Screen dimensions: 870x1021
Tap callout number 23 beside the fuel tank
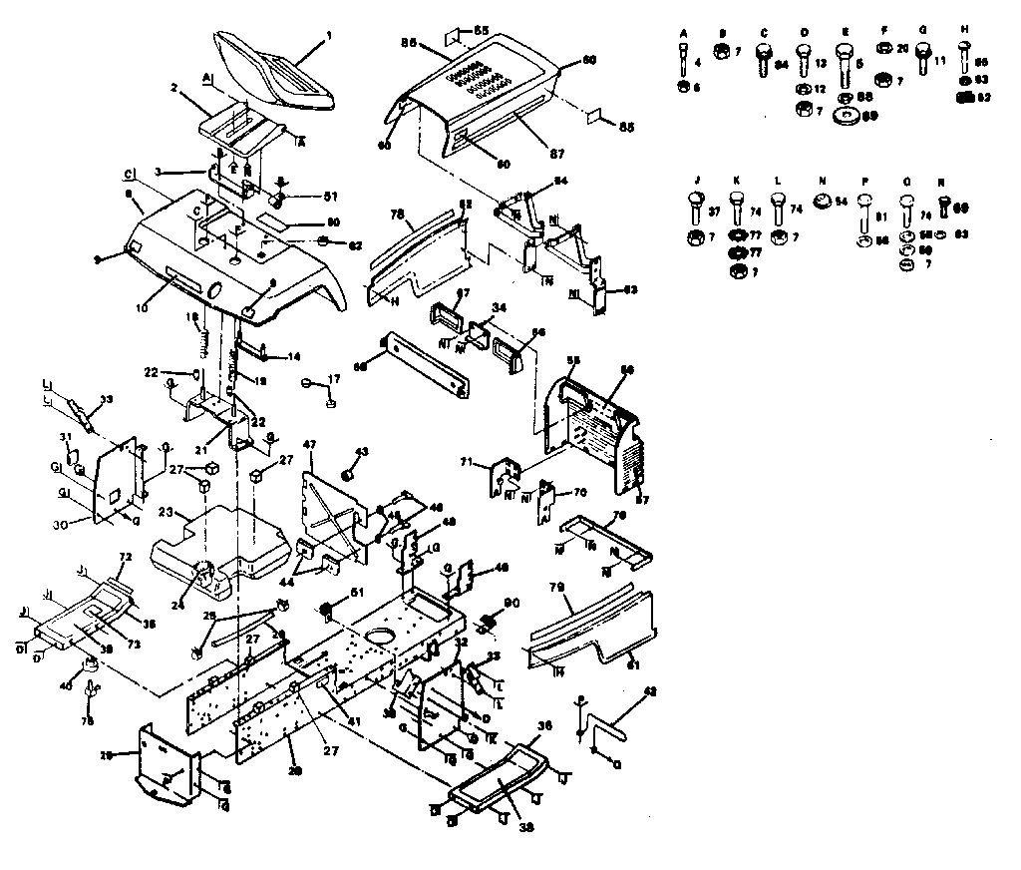168,515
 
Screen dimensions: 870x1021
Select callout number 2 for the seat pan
173,88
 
